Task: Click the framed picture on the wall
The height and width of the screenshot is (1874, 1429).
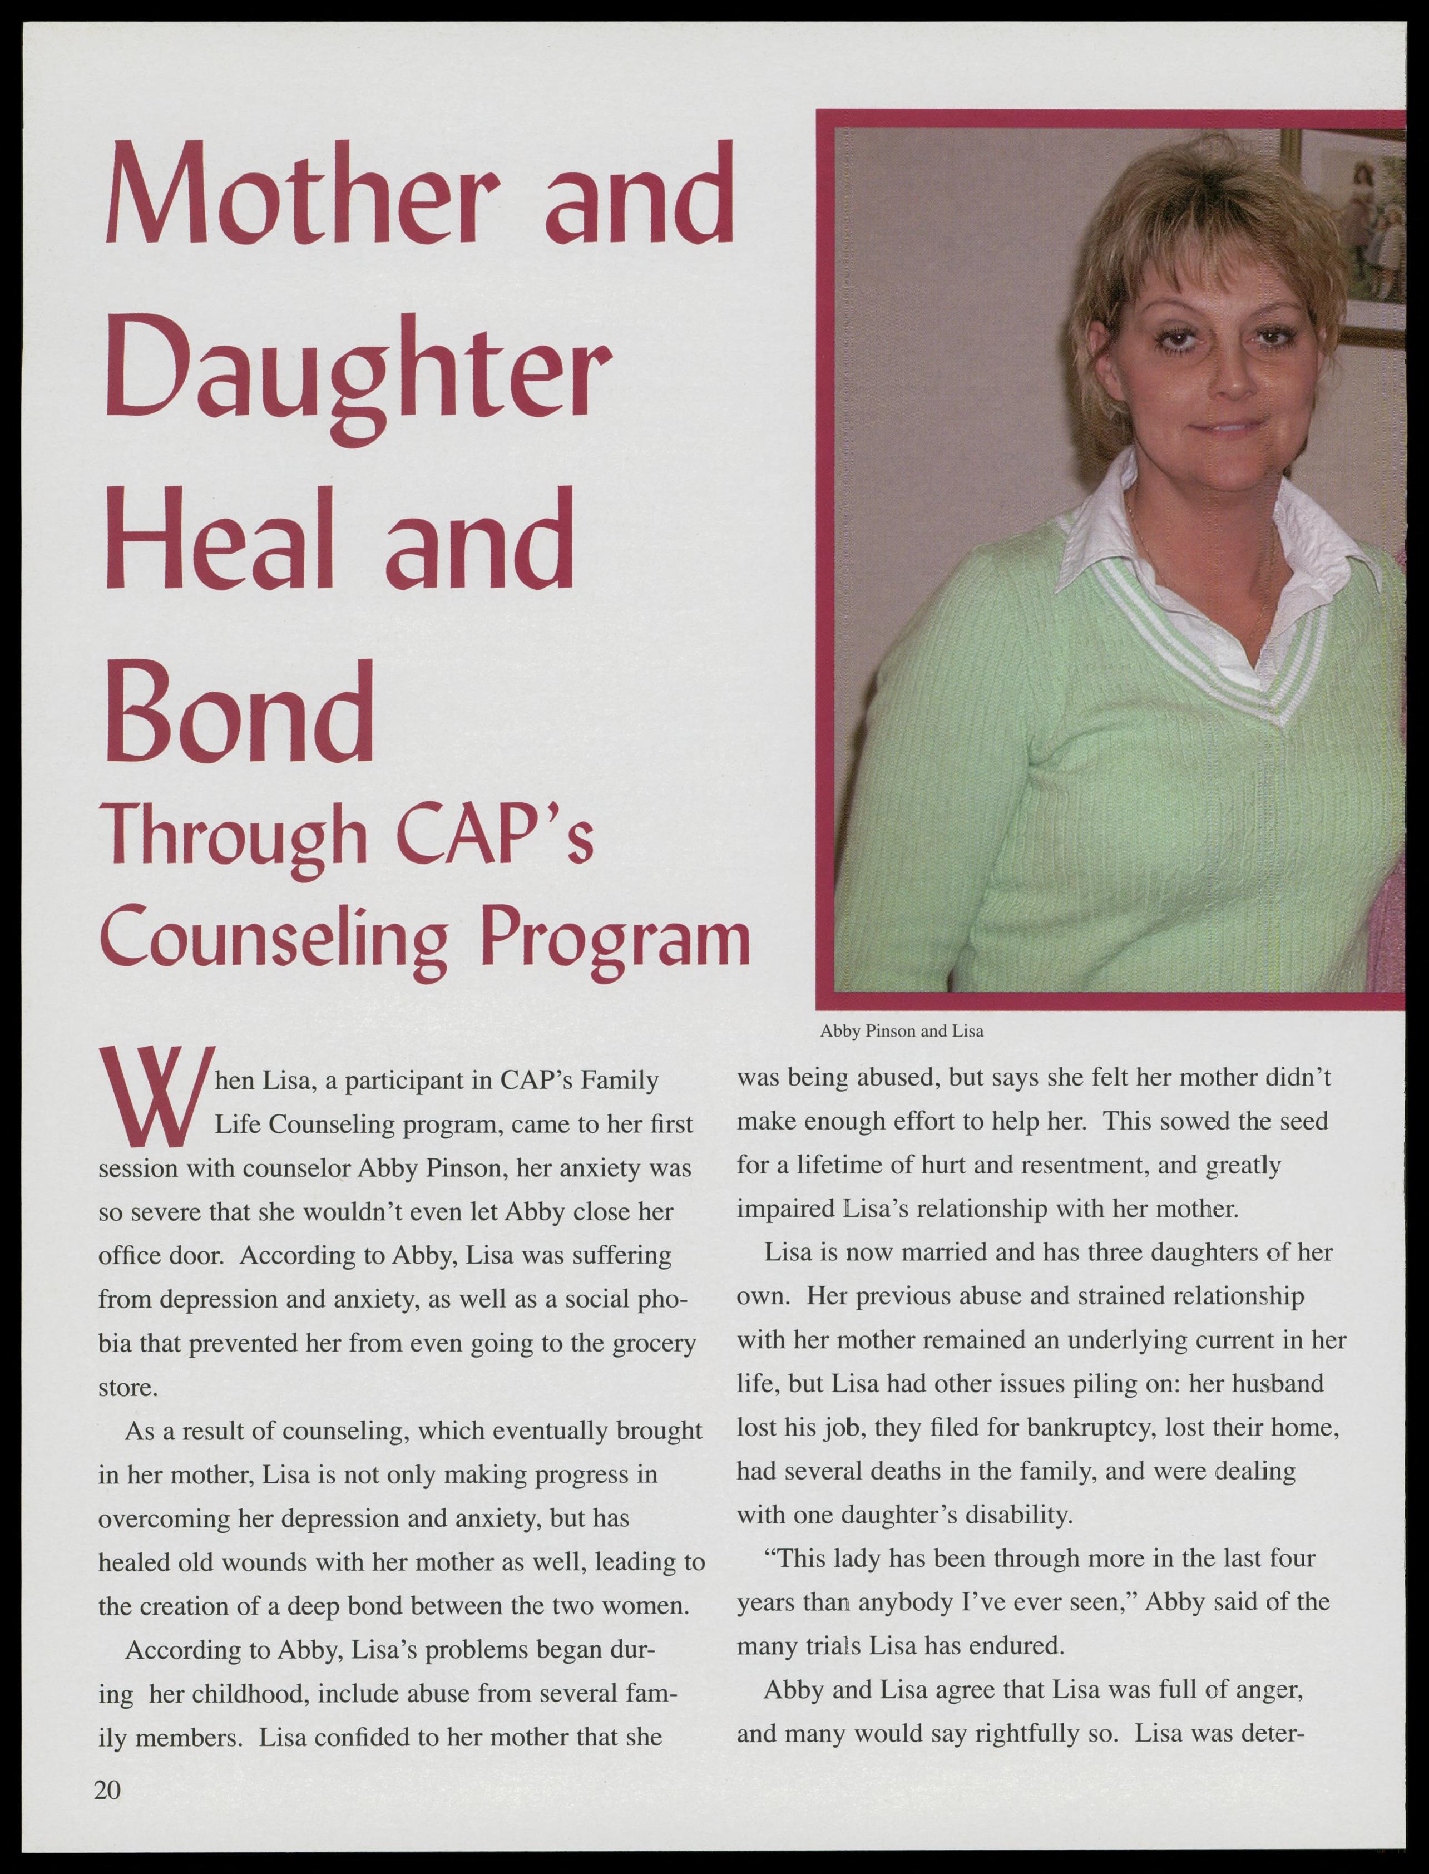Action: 1352,230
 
